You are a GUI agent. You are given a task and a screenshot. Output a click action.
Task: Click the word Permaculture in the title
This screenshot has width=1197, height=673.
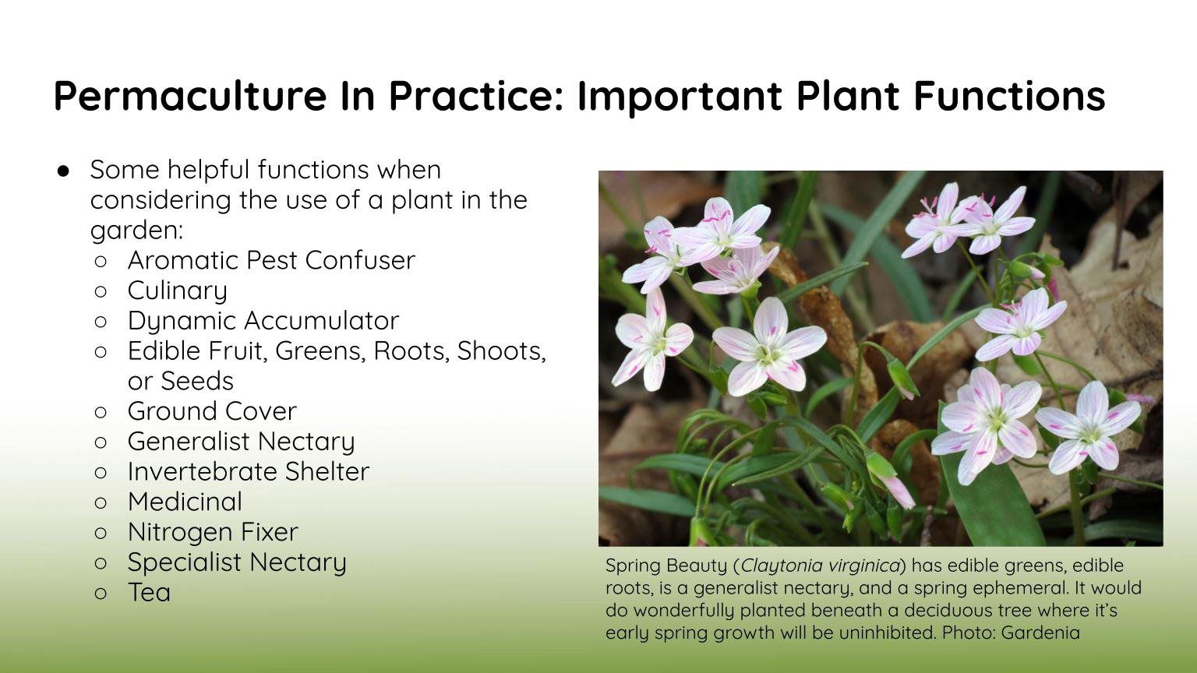click(x=190, y=96)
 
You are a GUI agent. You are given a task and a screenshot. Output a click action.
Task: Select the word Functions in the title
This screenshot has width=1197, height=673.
click(x=1009, y=95)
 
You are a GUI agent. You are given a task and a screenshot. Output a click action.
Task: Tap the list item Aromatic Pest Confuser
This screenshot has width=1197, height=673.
click(x=271, y=261)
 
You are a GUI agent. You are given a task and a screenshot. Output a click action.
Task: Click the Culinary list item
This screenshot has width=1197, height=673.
click(x=178, y=291)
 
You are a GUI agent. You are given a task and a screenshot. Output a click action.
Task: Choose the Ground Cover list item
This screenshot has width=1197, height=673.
click(x=212, y=411)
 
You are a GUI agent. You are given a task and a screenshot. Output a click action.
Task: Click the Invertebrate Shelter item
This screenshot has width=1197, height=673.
click(x=249, y=471)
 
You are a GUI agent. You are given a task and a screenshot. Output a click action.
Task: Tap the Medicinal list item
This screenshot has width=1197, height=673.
click(x=185, y=502)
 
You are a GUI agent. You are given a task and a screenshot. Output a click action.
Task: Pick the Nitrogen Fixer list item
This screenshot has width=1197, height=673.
click(x=213, y=532)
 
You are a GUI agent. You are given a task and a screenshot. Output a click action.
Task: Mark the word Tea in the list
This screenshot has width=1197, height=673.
click(x=149, y=592)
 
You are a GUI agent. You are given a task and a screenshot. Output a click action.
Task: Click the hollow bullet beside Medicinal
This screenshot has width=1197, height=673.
click(x=101, y=502)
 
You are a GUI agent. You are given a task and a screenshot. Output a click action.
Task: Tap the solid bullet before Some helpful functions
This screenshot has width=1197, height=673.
click(x=63, y=171)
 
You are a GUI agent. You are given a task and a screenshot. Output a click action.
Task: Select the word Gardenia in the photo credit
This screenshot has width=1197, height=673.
click(x=1040, y=632)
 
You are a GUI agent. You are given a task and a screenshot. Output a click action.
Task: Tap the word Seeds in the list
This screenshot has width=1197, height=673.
click(x=197, y=382)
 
